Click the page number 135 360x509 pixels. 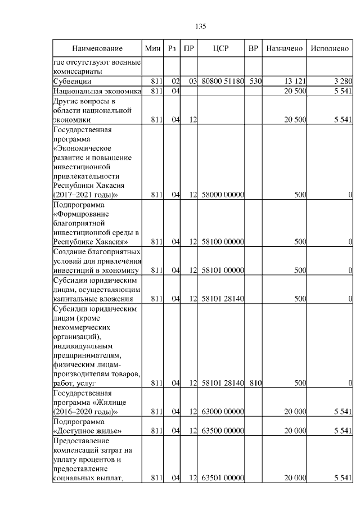[x=201, y=26]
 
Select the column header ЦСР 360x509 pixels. [x=222, y=49]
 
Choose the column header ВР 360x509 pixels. [x=254, y=49]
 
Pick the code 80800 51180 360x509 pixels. [x=222, y=82]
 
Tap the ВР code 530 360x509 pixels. [x=256, y=82]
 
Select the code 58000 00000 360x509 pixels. [x=222, y=195]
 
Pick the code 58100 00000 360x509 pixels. [x=222, y=242]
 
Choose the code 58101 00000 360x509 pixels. [x=222, y=270]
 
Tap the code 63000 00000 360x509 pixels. [x=222, y=412]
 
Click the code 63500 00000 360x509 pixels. [x=222, y=431]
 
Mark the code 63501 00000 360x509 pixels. [x=222, y=478]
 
